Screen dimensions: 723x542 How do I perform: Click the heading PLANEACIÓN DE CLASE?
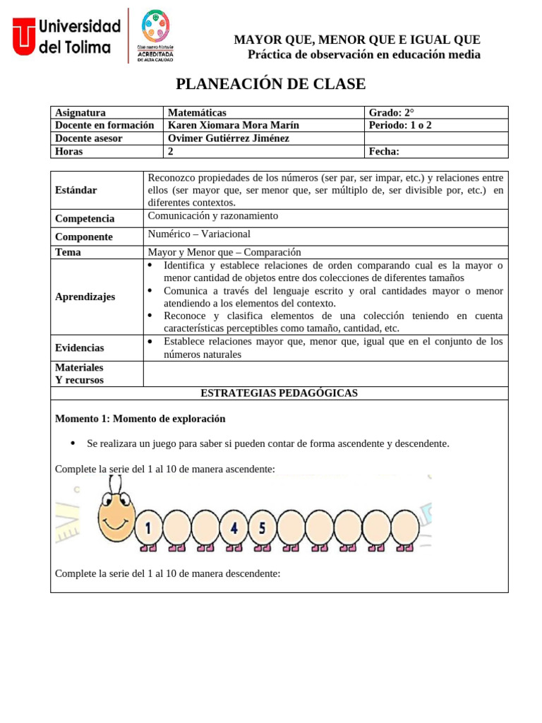270,84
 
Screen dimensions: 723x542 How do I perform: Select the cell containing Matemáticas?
197,112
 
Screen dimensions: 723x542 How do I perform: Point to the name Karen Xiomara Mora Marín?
233,125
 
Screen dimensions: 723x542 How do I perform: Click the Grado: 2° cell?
392,112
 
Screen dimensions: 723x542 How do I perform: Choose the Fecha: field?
384,151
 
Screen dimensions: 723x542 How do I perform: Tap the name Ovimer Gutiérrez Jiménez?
229,138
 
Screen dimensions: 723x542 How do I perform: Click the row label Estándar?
76,190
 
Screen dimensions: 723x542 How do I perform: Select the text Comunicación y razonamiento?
212,216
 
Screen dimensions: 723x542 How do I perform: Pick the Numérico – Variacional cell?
199,234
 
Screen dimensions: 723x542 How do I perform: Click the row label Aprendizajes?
85,297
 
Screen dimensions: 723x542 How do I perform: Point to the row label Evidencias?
79,347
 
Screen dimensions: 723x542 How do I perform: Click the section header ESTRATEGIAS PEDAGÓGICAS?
279,393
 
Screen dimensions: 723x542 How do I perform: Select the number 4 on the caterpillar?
234,527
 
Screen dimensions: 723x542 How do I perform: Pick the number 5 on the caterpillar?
262,527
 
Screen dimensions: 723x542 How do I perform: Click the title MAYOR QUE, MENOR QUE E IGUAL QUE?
357,40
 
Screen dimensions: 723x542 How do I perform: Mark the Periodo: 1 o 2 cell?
400,125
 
